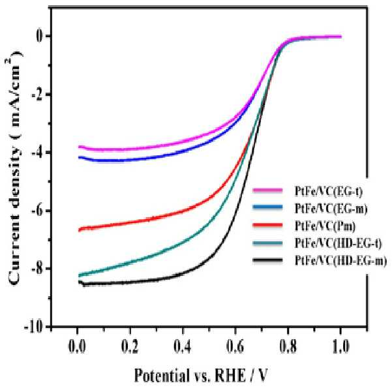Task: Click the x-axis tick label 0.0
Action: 77,347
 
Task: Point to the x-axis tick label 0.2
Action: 130,347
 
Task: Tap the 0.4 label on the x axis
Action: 183,347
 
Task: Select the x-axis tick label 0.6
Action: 235,347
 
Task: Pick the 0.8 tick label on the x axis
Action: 288,347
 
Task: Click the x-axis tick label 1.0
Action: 340,347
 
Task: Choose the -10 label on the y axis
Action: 35,327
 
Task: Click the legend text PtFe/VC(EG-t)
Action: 329,191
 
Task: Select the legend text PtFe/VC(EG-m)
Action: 331,209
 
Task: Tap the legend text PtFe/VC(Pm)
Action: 325,226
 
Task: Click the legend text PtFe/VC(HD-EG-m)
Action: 340,260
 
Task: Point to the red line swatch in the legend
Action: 267,225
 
